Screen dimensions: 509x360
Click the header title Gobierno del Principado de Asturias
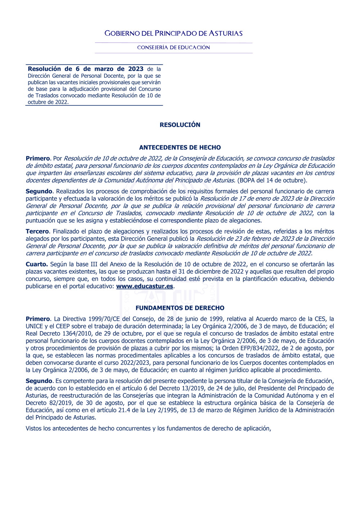pos(174,33)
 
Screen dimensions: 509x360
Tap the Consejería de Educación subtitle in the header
pos(174,48)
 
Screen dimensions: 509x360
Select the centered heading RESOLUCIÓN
pos(180,125)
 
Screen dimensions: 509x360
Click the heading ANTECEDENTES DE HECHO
pos(180,148)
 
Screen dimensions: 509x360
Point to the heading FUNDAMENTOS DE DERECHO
pos(180,308)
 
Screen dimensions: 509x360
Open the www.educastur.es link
pos(144,287)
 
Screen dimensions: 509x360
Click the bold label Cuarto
pos(36,265)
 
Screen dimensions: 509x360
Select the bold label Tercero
pos(37,231)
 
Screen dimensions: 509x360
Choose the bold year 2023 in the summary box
pos(136,69)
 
